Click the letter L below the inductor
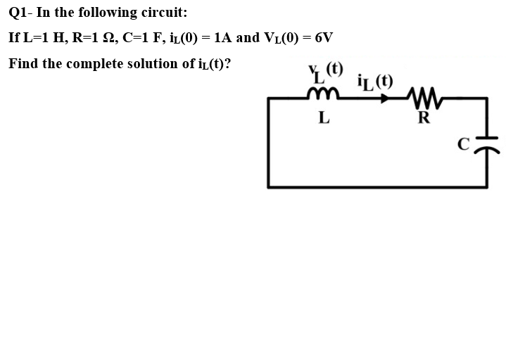(323, 117)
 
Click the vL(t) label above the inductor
(326, 72)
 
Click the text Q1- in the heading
(20, 13)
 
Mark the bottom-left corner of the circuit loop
(268, 186)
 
